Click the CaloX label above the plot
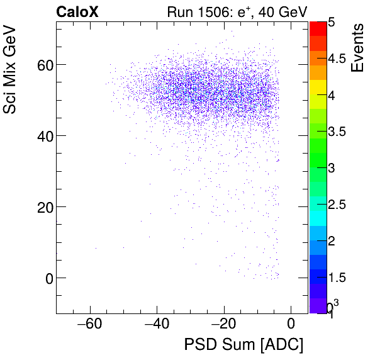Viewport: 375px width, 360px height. coord(78,11)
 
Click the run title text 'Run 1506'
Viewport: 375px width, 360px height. coord(194,11)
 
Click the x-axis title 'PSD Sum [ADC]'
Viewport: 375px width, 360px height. coord(243,345)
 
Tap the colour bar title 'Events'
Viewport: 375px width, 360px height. coord(358,48)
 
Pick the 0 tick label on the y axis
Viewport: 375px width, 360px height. coord(44,278)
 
